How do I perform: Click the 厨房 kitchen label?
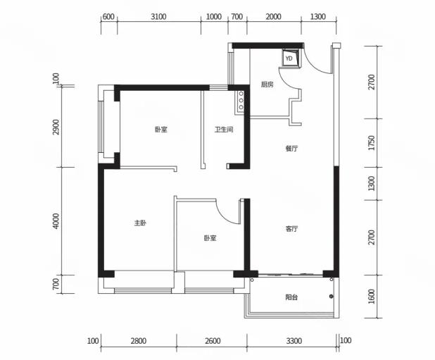tap(267, 85)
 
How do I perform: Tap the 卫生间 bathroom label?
tap(224, 130)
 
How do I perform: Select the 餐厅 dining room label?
tap(291, 149)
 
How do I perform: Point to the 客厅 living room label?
tap(291, 229)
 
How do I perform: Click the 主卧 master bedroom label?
tap(140, 223)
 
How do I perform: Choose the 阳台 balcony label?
tap(291, 297)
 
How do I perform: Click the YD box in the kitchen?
tap(291, 58)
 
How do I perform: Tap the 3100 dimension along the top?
tap(158, 17)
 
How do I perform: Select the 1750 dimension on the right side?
tap(371, 143)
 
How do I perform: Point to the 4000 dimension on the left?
tap(56, 221)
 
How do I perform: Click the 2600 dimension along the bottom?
tap(213, 340)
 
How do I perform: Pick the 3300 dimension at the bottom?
tap(294, 340)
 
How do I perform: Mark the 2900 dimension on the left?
tap(56, 127)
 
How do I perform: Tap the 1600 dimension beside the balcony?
tap(371, 296)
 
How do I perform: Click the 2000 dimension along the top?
tap(274, 17)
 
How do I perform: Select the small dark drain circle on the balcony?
tap(331, 297)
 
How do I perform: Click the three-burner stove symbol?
tap(240, 100)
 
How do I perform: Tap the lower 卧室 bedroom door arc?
tap(227, 213)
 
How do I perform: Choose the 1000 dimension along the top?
tap(213, 17)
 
